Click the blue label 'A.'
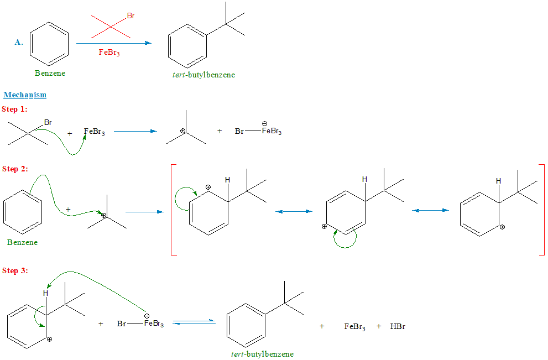pos(19,42)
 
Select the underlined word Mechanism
pos(25,95)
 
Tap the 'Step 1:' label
pos(14,109)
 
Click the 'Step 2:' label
pos(14,169)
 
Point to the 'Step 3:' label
pos(14,270)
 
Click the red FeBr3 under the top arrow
pos(109,53)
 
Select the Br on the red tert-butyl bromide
pos(131,16)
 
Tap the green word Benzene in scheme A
pos(50,73)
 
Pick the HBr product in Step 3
pos(398,326)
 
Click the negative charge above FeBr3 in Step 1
pos(265,123)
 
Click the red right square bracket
pos(541,210)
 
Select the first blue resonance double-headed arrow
pos(294,211)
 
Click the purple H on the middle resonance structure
pos(364,179)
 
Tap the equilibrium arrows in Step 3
pos(194,322)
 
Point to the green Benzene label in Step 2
pos(23,242)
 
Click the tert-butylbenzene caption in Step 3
pos(263,354)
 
